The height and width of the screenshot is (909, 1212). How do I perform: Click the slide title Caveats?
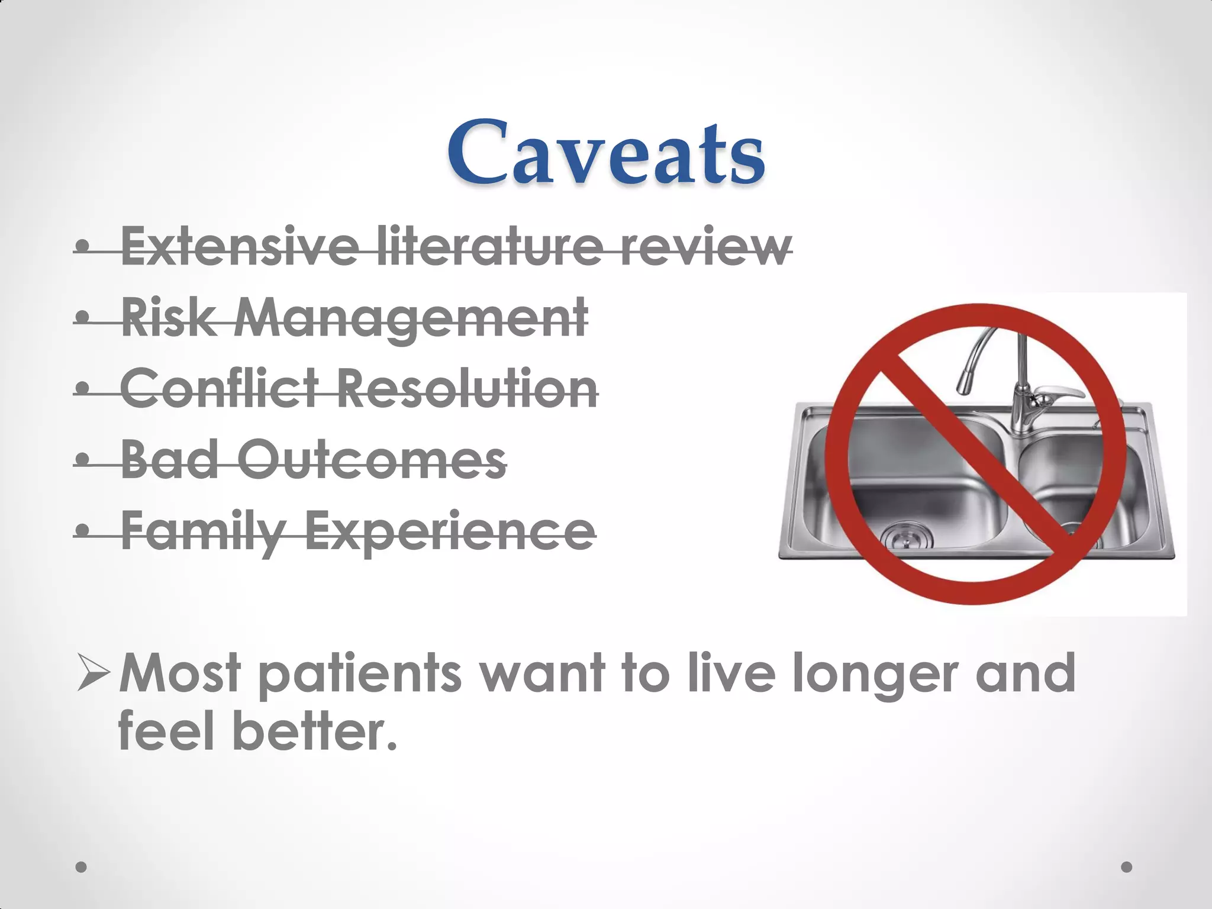pos(605,153)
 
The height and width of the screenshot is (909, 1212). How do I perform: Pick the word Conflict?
pos(220,388)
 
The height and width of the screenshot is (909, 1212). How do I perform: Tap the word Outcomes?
pos(373,460)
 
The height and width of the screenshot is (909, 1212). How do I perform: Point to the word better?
pos(314,731)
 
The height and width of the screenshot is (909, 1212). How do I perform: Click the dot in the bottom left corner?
pos(82,867)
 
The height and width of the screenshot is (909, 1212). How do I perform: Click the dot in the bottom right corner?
pos(1127,867)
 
